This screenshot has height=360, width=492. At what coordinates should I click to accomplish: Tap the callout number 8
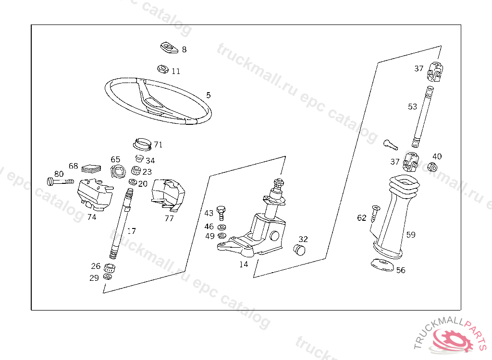(184, 49)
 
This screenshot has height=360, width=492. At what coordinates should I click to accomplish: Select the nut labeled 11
(163, 70)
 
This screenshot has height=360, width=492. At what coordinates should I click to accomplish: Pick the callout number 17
(131, 231)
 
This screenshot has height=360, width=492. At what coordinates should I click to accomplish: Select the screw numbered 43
(221, 211)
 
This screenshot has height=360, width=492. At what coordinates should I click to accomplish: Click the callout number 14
(244, 264)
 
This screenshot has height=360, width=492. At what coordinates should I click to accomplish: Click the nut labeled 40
(431, 167)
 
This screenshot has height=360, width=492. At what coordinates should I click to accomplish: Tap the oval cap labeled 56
(382, 265)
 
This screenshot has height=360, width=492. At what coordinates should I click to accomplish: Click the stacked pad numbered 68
(90, 168)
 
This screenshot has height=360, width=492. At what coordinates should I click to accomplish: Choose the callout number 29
(94, 277)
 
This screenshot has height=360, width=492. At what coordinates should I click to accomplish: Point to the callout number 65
(116, 159)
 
